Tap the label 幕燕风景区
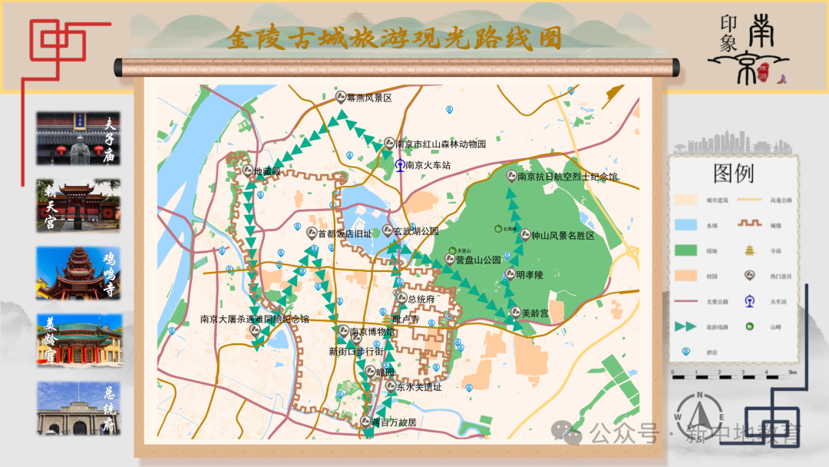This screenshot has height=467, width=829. pyautogui.click(x=369, y=98)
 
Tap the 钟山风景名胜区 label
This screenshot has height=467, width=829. pyautogui.click(x=563, y=236)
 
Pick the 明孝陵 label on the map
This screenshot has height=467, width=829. pyautogui.click(x=530, y=274)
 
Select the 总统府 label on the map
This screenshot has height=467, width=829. pyautogui.click(x=421, y=299)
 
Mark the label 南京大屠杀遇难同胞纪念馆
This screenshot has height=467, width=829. pyautogui.click(x=254, y=319)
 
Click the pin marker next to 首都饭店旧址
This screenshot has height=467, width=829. pyautogui.click(x=311, y=232)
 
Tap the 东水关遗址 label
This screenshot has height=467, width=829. pyautogui.click(x=419, y=387)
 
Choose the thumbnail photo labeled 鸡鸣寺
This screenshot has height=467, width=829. pyautogui.click(x=78, y=273)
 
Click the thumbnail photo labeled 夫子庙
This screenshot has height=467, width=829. pyautogui.click(x=78, y=138)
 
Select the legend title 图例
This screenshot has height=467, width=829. pyautogui.click(x=733, y=174)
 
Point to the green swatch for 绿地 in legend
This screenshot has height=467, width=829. pyautogui.click(x=685, y=250)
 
